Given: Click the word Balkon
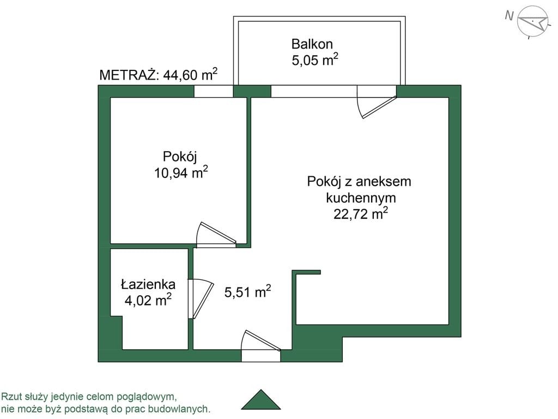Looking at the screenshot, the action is [312, 44].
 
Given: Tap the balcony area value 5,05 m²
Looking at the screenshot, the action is [315, 59].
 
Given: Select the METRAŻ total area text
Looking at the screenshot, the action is [159, 75].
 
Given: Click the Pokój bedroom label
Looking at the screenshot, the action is [180, 157].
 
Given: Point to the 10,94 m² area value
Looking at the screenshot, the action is [181, 173].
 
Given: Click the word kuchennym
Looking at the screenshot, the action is [361, 197].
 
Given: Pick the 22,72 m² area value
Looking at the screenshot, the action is [361, 214].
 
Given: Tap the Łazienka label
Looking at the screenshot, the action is [148, 284].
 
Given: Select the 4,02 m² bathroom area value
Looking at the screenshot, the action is [148, 300].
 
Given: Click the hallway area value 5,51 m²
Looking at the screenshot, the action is [248, 292].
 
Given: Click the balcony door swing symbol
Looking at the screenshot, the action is [377, 103].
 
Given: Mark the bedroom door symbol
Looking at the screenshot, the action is [216, 235].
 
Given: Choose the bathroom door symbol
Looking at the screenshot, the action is [201, 298].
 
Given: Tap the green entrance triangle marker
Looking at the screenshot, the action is [261, 399].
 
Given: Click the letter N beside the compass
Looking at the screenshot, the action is [510, 16].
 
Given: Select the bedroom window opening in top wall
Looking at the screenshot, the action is [214, 91].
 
